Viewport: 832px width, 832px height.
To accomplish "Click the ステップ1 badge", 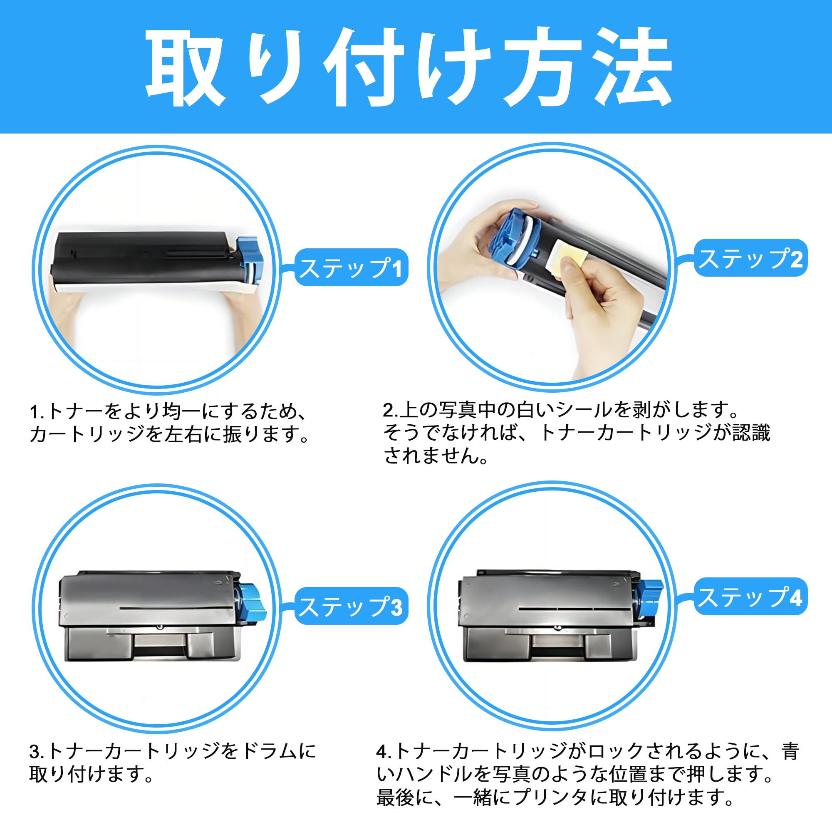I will pyautogui.click(x=351, y=267).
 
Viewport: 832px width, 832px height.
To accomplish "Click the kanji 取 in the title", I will pyautogui.click(x=186, y=69).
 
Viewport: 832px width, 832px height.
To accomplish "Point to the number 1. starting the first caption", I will pyautogui.click(x=37, y=412).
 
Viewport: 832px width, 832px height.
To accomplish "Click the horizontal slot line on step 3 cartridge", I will pyautogui.click(x=176, y=608).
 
